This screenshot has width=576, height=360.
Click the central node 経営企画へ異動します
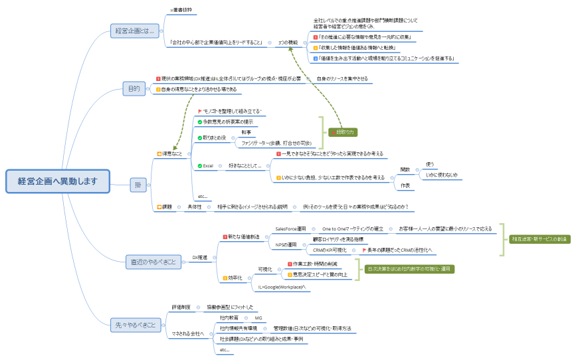58,181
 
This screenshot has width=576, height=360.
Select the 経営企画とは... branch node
134,31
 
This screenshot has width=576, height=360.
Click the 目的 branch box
134,88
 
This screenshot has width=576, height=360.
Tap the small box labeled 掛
138,185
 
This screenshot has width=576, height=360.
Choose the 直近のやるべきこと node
153,262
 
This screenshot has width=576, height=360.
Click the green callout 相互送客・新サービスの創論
540,239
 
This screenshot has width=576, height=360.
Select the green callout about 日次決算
410,269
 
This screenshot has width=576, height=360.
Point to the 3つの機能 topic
287,43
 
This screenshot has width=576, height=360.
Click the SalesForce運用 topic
290,228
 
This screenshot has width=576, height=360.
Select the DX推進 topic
199,257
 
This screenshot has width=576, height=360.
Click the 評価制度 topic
181,307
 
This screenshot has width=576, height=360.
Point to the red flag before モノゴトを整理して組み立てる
200,111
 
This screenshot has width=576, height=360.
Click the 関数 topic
405,169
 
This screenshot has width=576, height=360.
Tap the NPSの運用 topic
286,244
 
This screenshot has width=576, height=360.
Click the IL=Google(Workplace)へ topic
281,287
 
